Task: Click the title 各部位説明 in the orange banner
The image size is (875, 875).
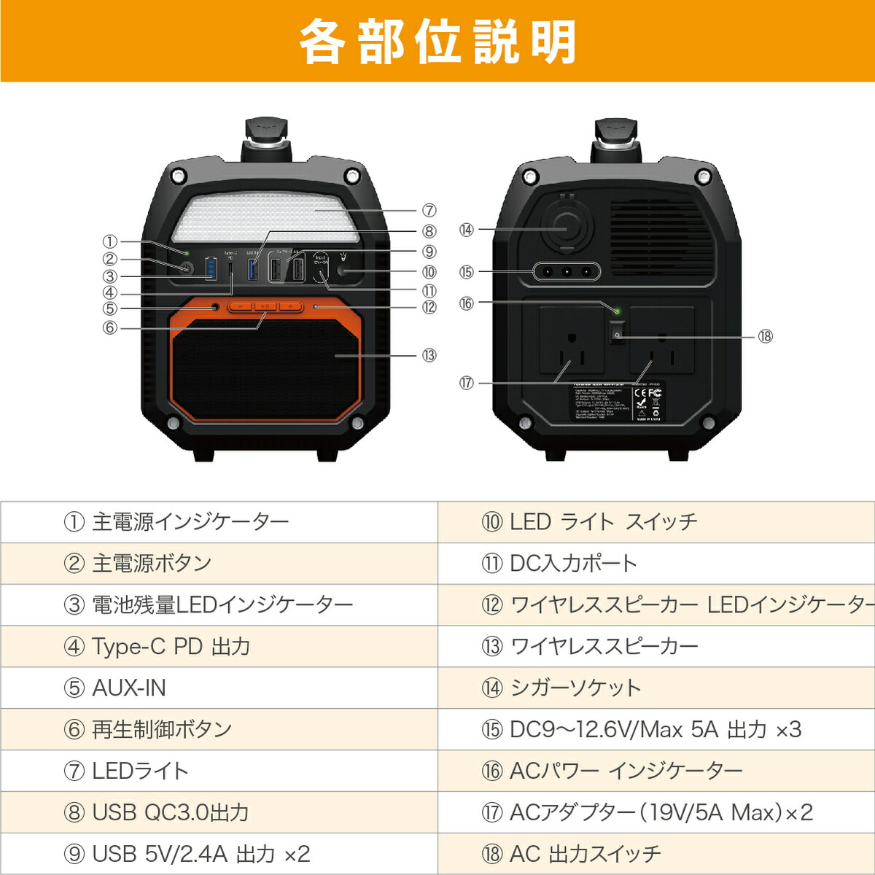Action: [x=437, y=42]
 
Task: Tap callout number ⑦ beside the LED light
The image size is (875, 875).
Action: [x=429, y=211]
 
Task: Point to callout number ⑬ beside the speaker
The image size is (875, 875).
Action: [x=429, y=355]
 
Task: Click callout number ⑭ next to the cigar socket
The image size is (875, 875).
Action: [x=467, y=230]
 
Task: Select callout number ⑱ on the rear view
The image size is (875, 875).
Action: [x=765, y=336]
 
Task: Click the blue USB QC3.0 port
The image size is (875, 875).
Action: [x=253, y=270]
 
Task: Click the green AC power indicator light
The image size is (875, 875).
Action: [x=617, y=311]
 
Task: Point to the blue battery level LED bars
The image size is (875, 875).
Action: [x=211, y=268]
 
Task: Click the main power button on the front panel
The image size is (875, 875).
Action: [x=185, y=268]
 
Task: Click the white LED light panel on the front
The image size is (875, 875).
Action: [x=265, y=217]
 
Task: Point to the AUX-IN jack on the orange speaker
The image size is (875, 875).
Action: [x=214, y=307]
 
